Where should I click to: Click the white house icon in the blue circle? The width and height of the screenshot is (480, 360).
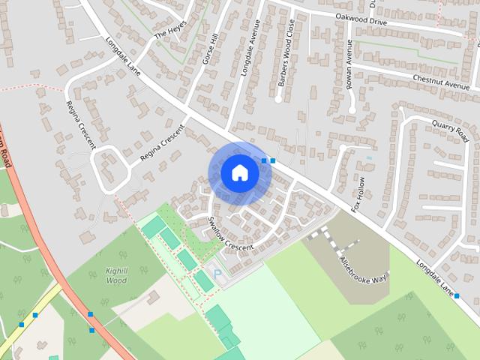pos(239,173)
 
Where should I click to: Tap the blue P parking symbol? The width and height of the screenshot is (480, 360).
pos(218,274)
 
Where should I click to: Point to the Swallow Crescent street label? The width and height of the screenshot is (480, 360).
pos(231,235)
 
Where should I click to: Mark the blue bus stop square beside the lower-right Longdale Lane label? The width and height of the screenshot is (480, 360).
pos(457,295)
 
